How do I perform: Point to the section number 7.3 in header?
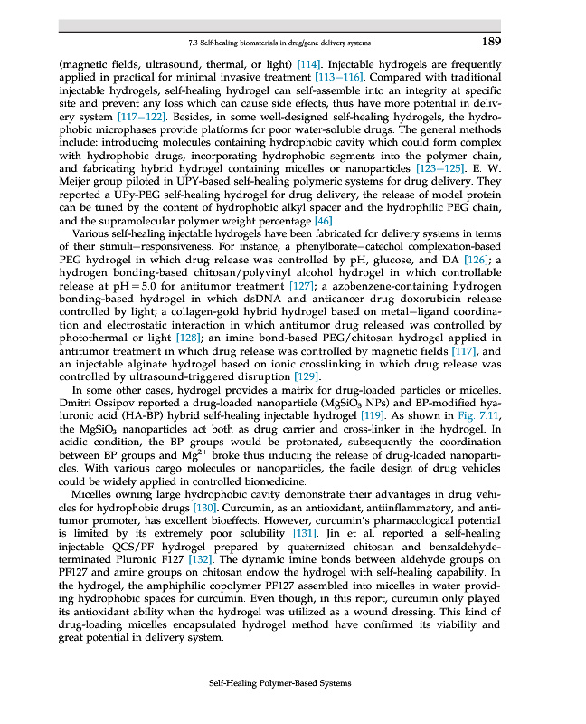point(193,43)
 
